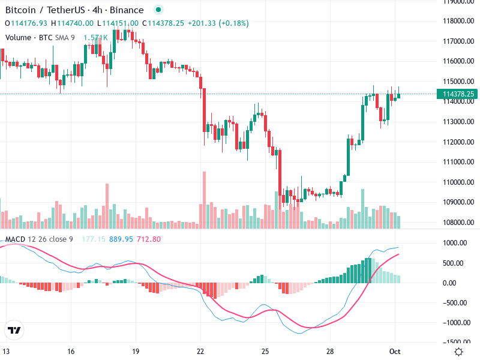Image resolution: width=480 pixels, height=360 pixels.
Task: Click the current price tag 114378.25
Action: coord(459,94)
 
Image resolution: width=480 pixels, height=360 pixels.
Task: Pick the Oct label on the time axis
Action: coord(395,350)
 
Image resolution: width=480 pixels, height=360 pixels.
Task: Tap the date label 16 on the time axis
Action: coord(71,350)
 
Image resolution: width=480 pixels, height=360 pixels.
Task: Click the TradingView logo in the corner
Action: coord(14,331)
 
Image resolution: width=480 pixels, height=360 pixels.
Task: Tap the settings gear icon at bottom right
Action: coord(459,351)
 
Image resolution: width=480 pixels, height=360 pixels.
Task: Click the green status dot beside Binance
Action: coord(158,10)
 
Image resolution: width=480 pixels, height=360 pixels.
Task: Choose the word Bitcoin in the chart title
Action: coord(20,10)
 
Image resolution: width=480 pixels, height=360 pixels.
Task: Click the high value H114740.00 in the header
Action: coord(72,23)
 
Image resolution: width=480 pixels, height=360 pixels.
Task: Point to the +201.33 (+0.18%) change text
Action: coord(218,23)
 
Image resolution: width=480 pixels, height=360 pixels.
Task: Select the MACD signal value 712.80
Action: coord(149,239)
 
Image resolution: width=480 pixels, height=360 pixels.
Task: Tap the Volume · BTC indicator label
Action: coord(29,37)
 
